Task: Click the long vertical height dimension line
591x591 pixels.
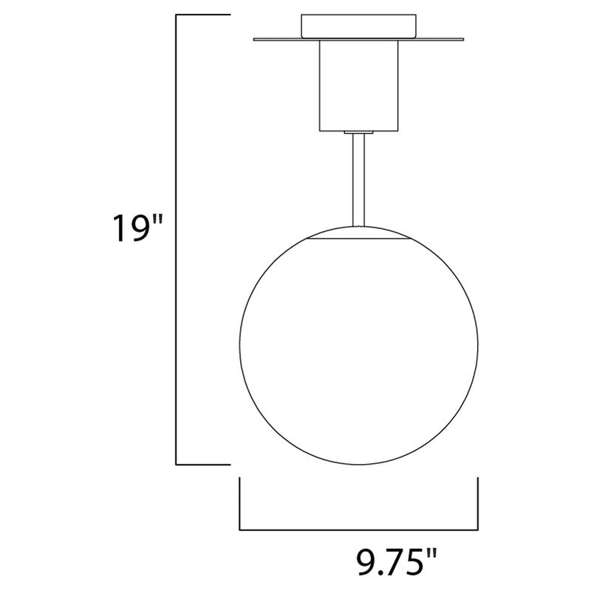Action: pyautogui.click(x=175, y=236)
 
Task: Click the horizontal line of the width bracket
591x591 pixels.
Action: pyautogui.click(x=358, y=529)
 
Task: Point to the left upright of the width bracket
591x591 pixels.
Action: pyautogui.click(x=239, y=504)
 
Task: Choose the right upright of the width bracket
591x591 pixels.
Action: pyautogui.click(x=478, y=504)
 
